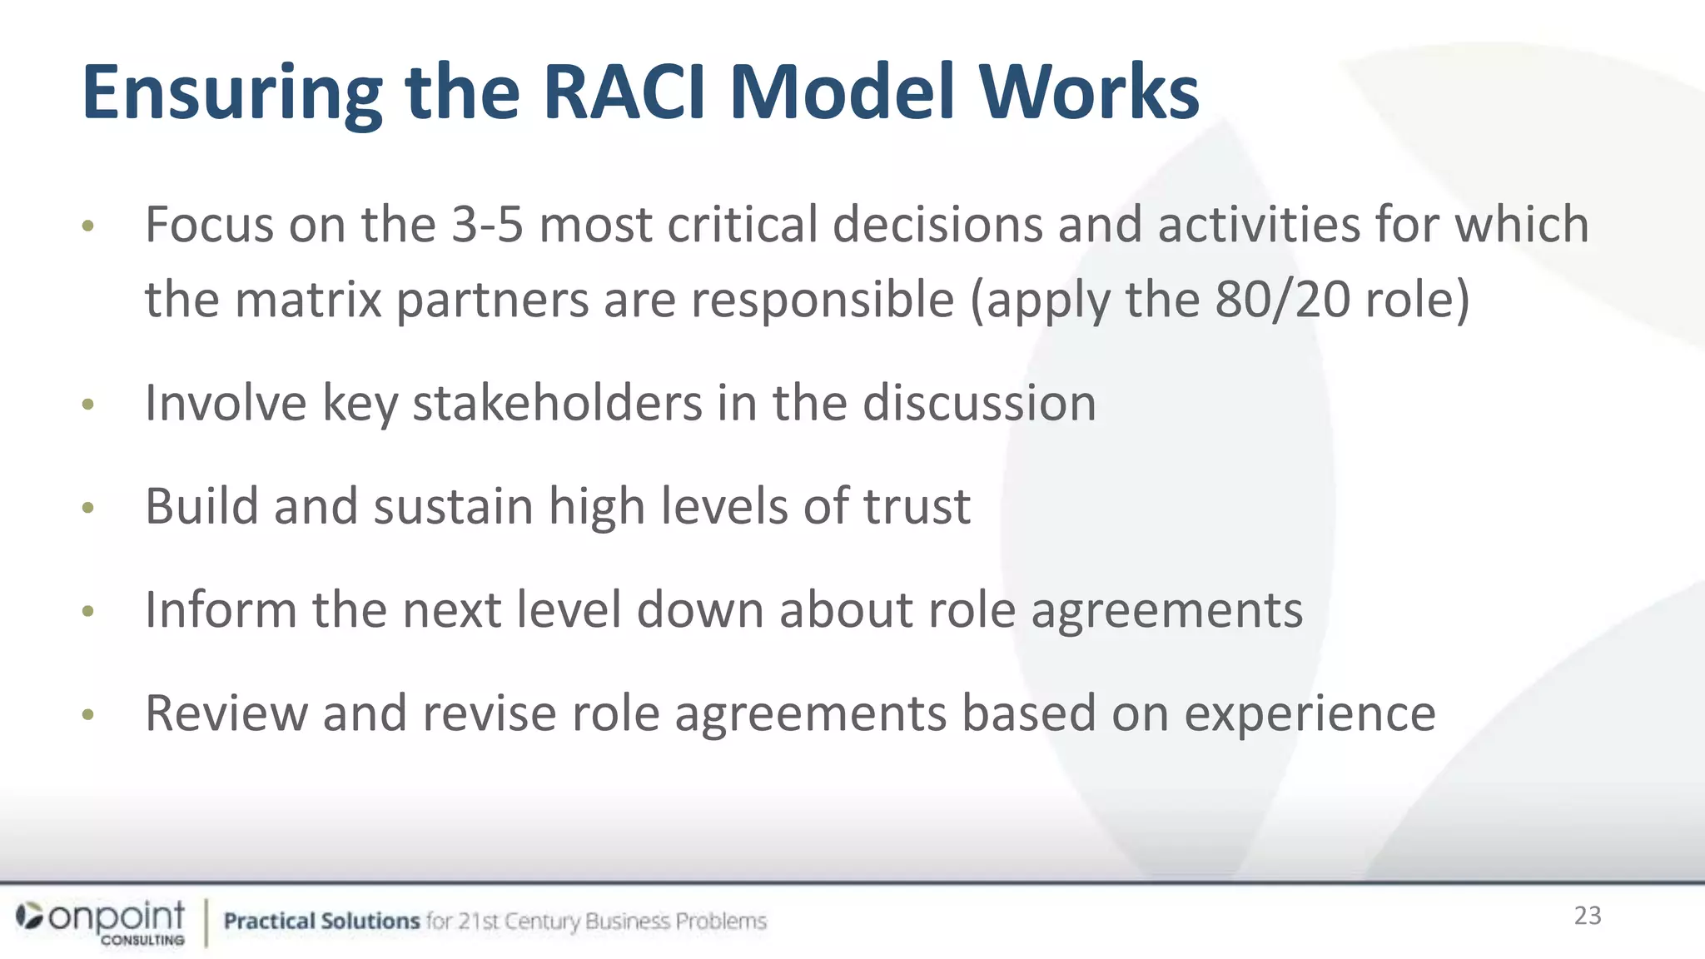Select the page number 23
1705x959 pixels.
click(x=1588, y=916)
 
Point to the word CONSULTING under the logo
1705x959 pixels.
click(x=143, y=940)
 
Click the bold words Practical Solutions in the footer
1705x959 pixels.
click(x=321, y=922)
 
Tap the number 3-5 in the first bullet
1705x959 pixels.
click(x=487, y=225)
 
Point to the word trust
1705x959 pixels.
click(x=917, y=506)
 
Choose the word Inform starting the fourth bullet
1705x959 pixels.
click(x=221, y=609)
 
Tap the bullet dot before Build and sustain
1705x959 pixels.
click(x=88, y=508)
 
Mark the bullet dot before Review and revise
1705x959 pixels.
click(x=88, y=714)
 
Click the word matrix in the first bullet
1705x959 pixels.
click(x=305, y=300)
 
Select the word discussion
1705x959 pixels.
click(x=979, y=404)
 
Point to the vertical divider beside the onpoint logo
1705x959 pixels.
click(x=206, y=922)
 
